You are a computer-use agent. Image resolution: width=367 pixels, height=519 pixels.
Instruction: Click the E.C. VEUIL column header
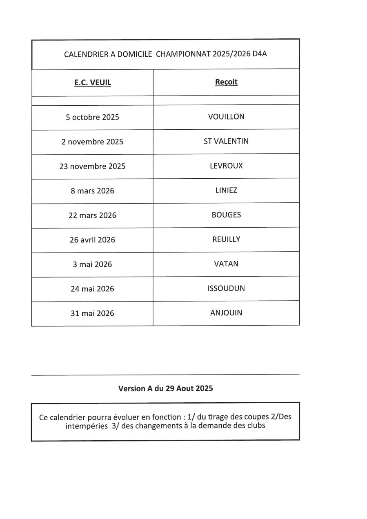click(x=93, y=83)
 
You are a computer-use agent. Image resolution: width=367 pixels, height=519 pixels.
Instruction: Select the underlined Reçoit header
click(x=226, y=82)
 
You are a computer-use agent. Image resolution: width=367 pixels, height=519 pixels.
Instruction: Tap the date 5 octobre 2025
click(x=93, y=117)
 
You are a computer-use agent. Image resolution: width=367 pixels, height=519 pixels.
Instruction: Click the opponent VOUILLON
click(x=226, y=117)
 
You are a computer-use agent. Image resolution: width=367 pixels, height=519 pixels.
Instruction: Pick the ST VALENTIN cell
click(x=226, y=141)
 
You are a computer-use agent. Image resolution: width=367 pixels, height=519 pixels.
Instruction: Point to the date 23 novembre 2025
click(x=93, y=166)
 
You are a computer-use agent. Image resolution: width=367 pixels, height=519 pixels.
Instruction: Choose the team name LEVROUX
click(x=226, y=166)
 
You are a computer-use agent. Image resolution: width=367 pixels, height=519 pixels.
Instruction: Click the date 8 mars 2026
click(x=93, y=191)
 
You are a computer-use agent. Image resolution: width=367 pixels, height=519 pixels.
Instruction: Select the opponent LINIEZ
click(x=226, y=190)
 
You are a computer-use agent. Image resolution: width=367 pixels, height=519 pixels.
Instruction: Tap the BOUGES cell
click(x=226, y=215)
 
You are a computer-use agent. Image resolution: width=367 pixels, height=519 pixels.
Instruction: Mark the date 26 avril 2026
click(x=93, y=240)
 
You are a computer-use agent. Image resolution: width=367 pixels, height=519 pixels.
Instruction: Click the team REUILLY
click(x=226, y=239)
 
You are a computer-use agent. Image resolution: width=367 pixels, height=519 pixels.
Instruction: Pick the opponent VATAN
click(x=226, y=264)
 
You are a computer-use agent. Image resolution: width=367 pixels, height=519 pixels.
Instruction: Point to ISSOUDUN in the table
click(x=226, y=288)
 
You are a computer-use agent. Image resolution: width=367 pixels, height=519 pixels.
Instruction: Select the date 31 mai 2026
click(x=93, y=313)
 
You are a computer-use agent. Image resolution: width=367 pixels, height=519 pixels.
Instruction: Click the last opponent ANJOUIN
click(x=226, y=313)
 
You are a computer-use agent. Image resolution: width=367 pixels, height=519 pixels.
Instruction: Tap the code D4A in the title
click(x=259, y=54)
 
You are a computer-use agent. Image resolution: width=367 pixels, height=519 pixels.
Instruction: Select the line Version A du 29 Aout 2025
click(x=165, y=388)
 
